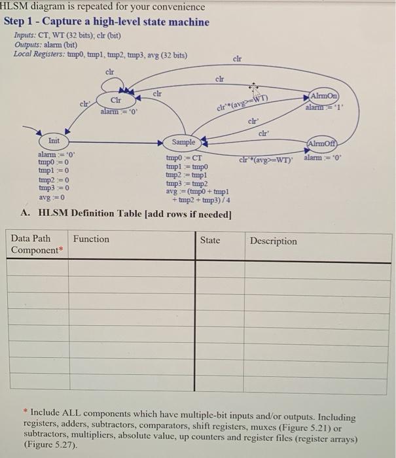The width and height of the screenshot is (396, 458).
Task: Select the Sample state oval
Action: point(183,142)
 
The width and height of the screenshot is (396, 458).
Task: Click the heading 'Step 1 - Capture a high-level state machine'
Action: point(107,22)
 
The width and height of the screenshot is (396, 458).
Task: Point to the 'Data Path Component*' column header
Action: point(35,245)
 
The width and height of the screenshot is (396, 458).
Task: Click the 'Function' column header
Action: point(91,239)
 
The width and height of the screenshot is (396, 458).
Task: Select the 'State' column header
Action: point(209,240)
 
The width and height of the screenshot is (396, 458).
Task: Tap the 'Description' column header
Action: point(273,241)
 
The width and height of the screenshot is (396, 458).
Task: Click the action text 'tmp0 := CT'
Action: point(188,158)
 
